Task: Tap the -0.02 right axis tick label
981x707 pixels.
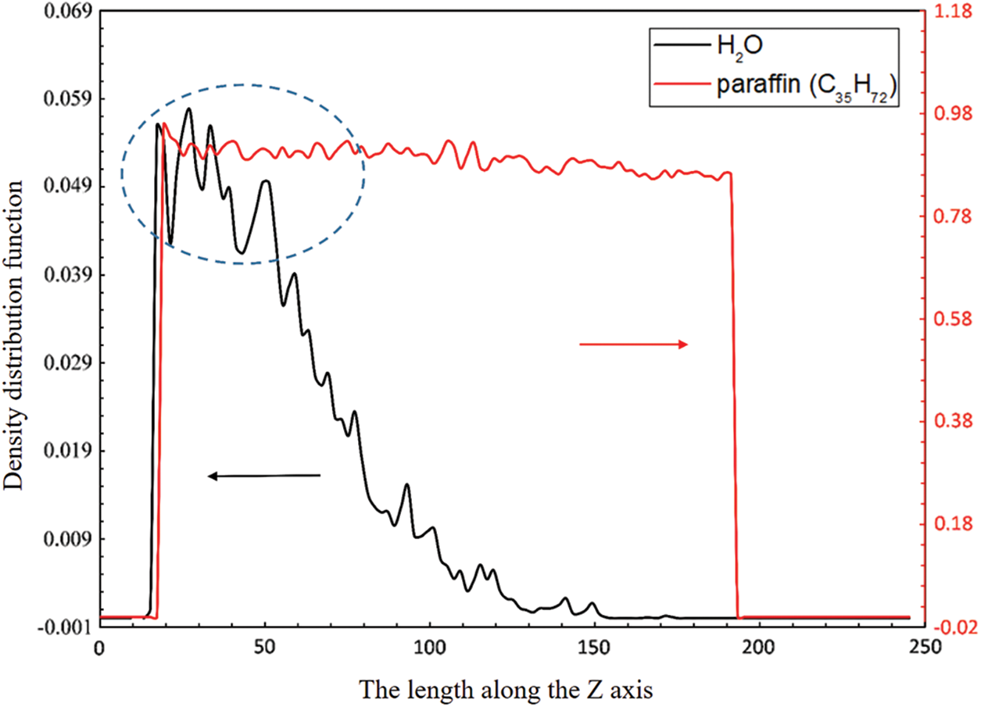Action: [947, 627]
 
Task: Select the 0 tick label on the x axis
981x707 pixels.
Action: [99, 648]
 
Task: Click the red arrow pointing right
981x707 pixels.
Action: [633, 345]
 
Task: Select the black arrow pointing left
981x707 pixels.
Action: [263, 475]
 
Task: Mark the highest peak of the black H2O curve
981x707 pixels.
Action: [189, 109]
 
